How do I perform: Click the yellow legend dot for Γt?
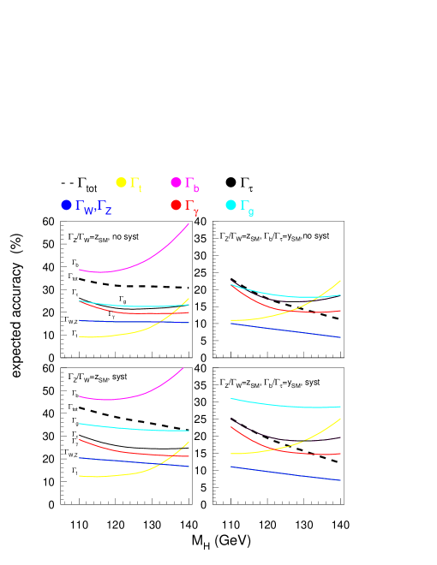pyautogui.click(x=121, y=182)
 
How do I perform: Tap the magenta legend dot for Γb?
pyautogui.click(x=176, y=182)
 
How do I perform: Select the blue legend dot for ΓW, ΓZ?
pyautogui.click(x=66, y=205)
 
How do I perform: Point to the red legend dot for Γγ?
pyautogui.click(x=176, y=205)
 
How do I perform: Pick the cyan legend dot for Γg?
pyautogui.click(x=230, y=205)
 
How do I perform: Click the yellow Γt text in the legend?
pyautogui.click(x=135, y=184)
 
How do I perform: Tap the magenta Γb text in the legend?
pyautogui.click(x=192, y=184)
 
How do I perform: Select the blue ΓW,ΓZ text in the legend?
pyautogui.click(x=93, y=207)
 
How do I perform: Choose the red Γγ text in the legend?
pyautogui.click(x=192, y=207)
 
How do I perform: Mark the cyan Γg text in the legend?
pyautogui.click(x=246, y=207)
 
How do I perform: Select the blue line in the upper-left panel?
pyautogui.click(x=129, y=321)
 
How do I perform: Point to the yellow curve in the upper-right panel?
pyautogui.click(x=283, y=314)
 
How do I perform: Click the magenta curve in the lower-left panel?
pyautogui.click(x=129, y=398)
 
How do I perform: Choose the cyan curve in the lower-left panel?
pyautogui.click(x=129, y=427)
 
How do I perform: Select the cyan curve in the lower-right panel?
pyautogui.click(x=283, y=404)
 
